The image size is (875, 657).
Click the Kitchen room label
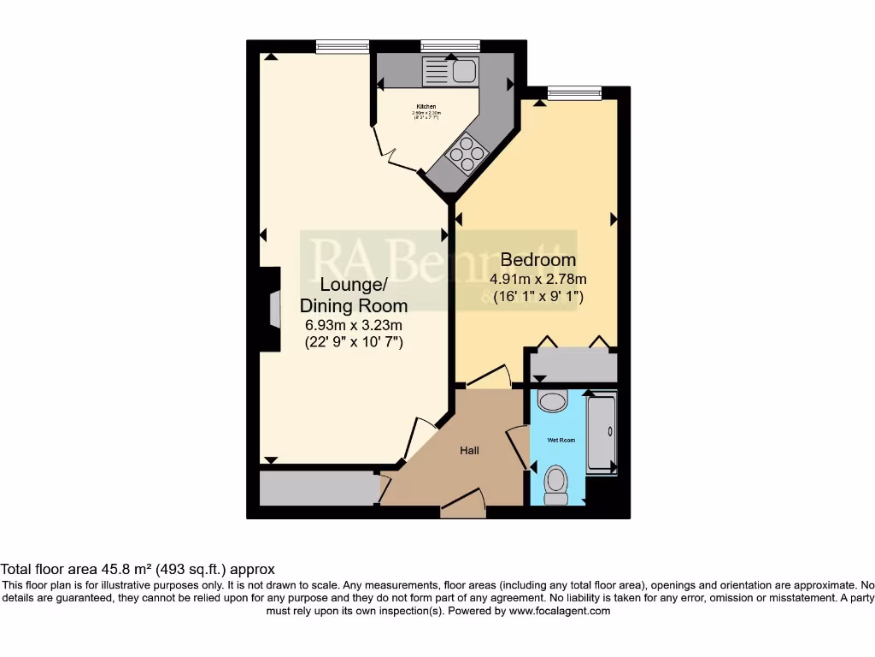tap(426, 107)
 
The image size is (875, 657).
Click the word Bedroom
tap(537, 260)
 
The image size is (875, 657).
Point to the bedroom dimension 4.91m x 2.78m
tap(537, 279)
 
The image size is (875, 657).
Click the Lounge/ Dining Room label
tap(353, 295)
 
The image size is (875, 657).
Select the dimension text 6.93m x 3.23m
tap(353, 324)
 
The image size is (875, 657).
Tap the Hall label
tap(470, 451)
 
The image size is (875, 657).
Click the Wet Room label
tap(561, 440)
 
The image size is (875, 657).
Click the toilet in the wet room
tap(556, 485)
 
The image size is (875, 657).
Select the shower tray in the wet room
tap(602, 433)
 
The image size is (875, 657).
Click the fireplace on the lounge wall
tap(272, 309)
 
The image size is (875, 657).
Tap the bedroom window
tap(573, 92)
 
